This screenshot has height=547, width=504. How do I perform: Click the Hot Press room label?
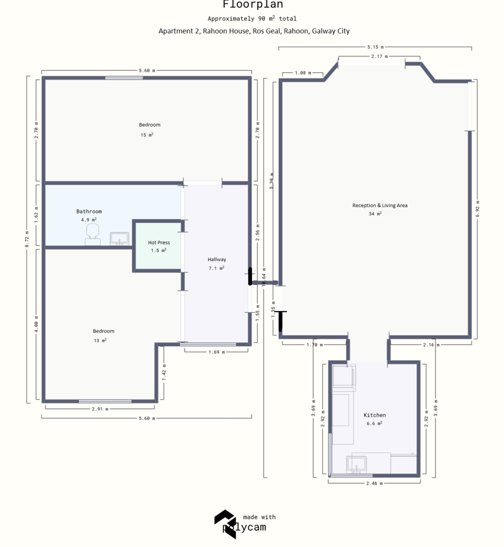point(159,243)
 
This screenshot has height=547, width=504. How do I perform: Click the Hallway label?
point(217,260)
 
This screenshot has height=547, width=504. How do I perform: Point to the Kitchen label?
point(374,415)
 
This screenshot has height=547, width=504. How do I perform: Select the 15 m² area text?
point(147,135)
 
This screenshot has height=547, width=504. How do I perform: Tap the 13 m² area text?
point(100,340)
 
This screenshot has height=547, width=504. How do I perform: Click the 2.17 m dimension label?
point(379,56)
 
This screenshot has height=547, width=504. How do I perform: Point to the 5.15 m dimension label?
point(375,47)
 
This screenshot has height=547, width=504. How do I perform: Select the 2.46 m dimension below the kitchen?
point(374,483)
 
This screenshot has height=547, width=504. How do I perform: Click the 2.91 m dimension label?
point(99,409)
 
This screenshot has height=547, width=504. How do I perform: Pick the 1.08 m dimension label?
point(303,73)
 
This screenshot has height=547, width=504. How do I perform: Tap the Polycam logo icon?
point(224,523)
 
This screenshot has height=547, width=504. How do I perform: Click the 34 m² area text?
point(375,214)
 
